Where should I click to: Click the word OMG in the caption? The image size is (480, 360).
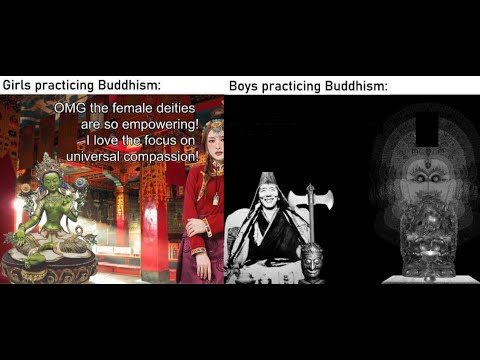coord(97,110)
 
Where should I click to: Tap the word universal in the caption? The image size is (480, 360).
coord(94,157)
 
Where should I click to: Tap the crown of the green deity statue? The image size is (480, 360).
coord(48,167)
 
